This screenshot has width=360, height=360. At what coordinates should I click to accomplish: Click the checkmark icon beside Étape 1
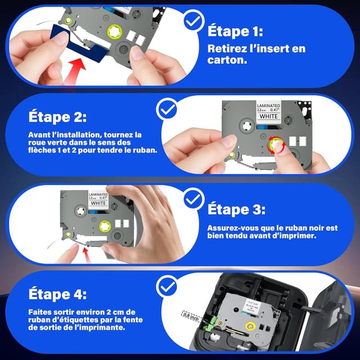(195, 21)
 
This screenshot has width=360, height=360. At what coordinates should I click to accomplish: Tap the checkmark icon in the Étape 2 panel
(168, 109)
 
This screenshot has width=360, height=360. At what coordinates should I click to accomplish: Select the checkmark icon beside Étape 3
(195, 198)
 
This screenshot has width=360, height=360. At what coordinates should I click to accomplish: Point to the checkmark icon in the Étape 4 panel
(166, 287)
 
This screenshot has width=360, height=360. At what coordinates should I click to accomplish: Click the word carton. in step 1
(225, 59)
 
